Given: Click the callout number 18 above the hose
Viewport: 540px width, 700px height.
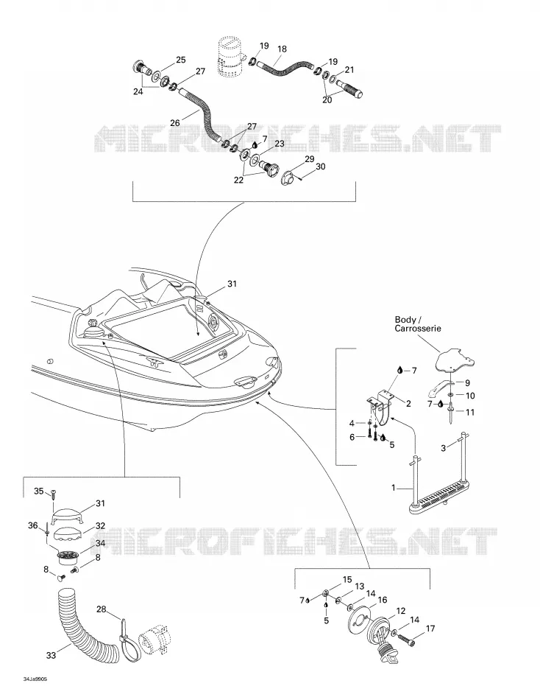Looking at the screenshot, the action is coord(282,49).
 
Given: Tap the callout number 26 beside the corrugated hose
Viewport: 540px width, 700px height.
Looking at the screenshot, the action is coord(175,122).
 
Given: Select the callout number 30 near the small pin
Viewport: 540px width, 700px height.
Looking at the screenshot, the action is coord(321,167).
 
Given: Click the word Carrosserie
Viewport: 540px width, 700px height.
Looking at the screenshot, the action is coord(418,329).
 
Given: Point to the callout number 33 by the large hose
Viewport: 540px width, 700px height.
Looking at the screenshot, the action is coord(51,655).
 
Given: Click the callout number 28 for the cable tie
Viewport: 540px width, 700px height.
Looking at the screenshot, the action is coord(102,609).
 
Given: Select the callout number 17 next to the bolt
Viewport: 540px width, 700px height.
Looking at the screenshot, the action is coord(430,629).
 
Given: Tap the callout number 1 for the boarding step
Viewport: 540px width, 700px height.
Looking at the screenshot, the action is coord(394,488).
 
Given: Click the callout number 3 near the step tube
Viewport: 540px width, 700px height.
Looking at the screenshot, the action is coord(443,448).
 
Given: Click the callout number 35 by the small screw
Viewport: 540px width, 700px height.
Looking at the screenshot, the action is coord(39,491).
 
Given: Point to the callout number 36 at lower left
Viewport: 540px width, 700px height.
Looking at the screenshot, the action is coord(33,525).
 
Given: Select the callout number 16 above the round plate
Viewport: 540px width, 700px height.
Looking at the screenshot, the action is coord(383,600).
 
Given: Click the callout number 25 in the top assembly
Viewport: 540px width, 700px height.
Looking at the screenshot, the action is coord(180,60).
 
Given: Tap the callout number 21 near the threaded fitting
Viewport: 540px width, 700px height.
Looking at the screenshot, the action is coord(349,70).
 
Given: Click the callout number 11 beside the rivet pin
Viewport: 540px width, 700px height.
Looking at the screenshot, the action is coord(470,413).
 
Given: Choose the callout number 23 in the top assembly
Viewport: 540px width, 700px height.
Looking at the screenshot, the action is coord(279,144).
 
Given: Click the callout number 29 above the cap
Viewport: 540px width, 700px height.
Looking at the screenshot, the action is coord(310,159).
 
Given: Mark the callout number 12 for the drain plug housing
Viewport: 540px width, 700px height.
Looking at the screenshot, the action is coord(400,611).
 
